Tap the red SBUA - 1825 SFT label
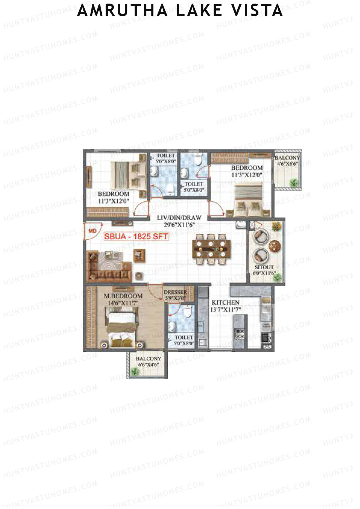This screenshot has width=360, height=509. pos(136,236)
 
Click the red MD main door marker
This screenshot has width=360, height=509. pos(92,231)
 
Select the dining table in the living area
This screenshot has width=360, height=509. pos(211,249)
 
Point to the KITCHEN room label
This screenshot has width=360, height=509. pos(226,302)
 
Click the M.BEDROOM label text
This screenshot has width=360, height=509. pos(123,296)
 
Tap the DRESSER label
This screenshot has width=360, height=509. pos(175,292)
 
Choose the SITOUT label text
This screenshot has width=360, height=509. pos(264,267)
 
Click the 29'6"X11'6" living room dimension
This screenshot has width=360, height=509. pos(179,225)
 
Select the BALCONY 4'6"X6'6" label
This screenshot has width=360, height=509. pos(287,161)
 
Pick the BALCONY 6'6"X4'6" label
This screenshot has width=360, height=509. pos(148,362)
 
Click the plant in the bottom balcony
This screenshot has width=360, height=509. pos(135,372)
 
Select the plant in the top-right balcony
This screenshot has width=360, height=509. pos(294,182)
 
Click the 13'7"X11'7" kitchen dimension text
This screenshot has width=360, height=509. pos(225,310)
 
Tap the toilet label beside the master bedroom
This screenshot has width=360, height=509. pos(184,340)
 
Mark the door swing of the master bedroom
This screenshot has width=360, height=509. pos(156,292)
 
